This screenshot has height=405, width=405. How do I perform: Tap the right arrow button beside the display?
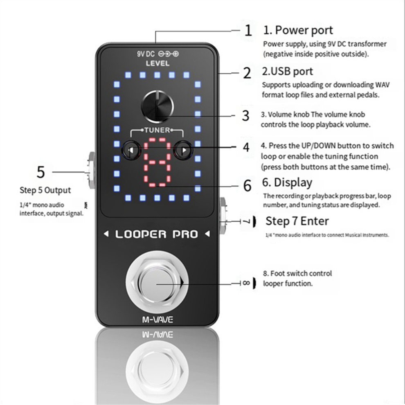pyautogui.click(x=182, y=151)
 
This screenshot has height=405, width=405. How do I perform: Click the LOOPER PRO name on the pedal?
pyautogui.click(x=157, y=234)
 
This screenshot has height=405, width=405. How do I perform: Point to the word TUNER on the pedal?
pyautogui.click(x=157, y=130)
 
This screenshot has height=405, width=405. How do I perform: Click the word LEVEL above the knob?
pyautogui.click(x=157, y=63)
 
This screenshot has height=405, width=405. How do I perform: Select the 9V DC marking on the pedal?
pyautogui.click(x=146, y=54)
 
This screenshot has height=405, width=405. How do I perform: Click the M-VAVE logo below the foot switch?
pyautogui.click(x=157, y=319)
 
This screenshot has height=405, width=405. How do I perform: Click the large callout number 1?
pyautogui.click(x=248, y=31)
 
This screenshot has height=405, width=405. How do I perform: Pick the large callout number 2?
pyautogui.click(x=247, y=73)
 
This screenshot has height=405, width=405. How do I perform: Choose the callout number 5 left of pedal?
pyautogui.click(x=41, y=172)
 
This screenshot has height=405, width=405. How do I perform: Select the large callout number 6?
pyautogui.click(x=248, y=185)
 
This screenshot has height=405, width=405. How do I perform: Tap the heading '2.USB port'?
pyautogui.click(x=288, y=71)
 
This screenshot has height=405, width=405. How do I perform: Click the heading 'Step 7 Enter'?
pyautogui.click(x=297, y=221)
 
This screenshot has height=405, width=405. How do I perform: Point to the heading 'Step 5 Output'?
pyautogui.click(x=45, y=190)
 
